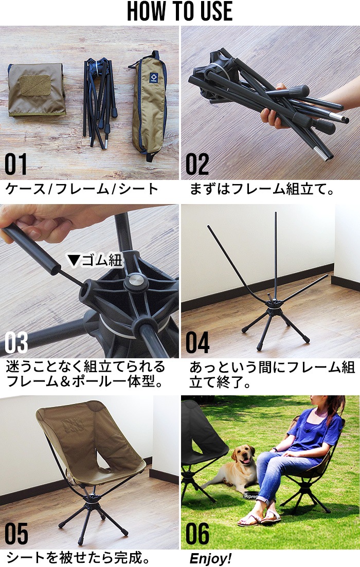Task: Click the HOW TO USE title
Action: [x=180, y=11]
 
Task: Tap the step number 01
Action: [x=16, y=164]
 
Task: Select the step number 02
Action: [x=197, y=164]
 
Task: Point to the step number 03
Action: [x=16, y=342]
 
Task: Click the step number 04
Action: [x=197, y=342]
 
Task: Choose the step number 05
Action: [x=16, y=534]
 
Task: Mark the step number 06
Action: [x=197, y=534]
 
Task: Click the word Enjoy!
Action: [x=210, y=558]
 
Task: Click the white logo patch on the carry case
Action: [x=153, y=77]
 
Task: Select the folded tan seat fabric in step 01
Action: [x=37, y=89]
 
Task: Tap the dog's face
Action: [x=242, y=456]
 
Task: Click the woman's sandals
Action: [x=259, y=518]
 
